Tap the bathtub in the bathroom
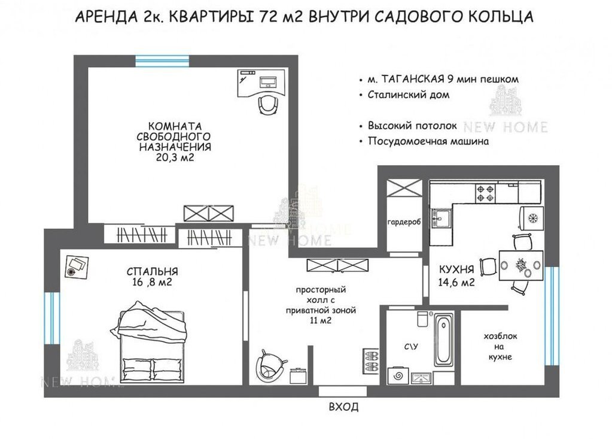coord(443,340)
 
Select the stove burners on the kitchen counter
coord(485,193)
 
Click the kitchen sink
coord(441,217)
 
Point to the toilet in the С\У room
coord(423,318)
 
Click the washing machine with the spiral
coord(398,376)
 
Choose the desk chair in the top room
coord(269,104)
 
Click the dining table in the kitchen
coord(521,265)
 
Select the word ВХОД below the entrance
coord(343,407)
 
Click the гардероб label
coord(404,222)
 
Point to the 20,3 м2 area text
coord(175,158)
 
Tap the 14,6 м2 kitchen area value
coord(456,282)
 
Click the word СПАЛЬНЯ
coord(152,271)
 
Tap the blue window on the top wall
coord(162,61)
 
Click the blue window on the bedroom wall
coord(52,318)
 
